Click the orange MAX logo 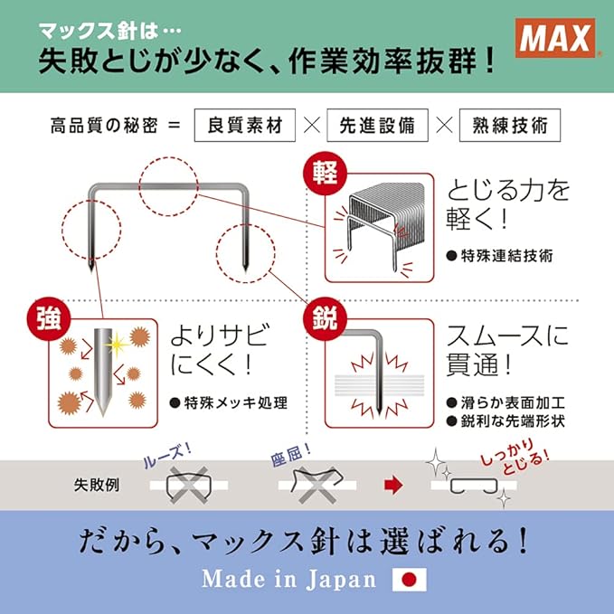[x=555, y=38]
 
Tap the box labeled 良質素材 [x=245, y=126]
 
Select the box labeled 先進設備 [x=377, y=126]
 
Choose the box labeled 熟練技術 [x=510, y=126]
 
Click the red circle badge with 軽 [x=326, y=174]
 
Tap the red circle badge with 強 [x=49, y=318]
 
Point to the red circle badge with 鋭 [x=326, y=318]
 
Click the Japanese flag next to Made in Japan [x=410, y=580]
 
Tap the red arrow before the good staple [x=393, y=486]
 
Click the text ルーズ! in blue [x=167, y=456]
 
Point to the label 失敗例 [x=97, y=486]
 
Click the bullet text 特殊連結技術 [x=506, y=256]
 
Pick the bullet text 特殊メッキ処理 [x=236, y=403]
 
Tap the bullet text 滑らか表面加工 [x=513, y=403]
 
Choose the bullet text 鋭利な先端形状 [x=513, y=421]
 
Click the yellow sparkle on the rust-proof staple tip [x=117, y=345]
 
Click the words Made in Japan [x=289, y=580]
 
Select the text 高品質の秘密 [x=104, y=126]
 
